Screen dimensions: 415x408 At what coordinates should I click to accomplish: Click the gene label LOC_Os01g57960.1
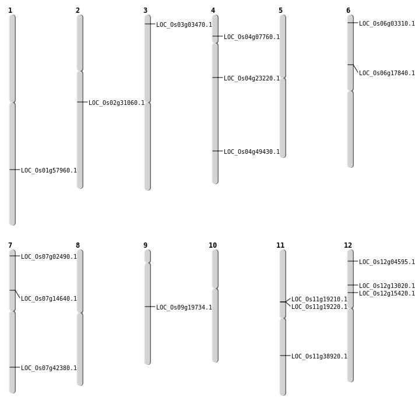click(49, 170)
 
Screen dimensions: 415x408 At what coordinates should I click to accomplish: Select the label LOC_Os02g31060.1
click(117, 103)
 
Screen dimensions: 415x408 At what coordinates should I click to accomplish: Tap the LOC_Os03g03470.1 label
click(184, 24)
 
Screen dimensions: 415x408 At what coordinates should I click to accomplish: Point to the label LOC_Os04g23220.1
click(252, 78)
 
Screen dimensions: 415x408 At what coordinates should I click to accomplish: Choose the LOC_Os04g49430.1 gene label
click(252, 152)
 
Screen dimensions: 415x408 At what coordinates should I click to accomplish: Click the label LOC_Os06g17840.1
click(387, 73)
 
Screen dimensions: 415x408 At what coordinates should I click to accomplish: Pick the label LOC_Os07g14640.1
click(49, 299)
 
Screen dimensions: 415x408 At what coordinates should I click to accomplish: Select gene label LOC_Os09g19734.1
click(184, 307)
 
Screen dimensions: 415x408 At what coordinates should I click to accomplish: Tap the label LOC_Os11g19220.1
click(319, 307)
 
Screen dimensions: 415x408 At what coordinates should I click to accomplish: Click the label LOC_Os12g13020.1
click(387, 286)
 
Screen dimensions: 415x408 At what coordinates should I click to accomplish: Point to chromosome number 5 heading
click(280, 10)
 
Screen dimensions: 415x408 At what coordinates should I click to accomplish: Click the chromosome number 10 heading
click(213, 245)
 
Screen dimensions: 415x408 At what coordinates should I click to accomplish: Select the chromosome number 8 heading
click(78, 245)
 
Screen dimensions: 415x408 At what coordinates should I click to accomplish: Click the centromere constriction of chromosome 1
click(12, 102)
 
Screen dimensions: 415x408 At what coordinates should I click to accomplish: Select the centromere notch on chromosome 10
click(215, 288)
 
